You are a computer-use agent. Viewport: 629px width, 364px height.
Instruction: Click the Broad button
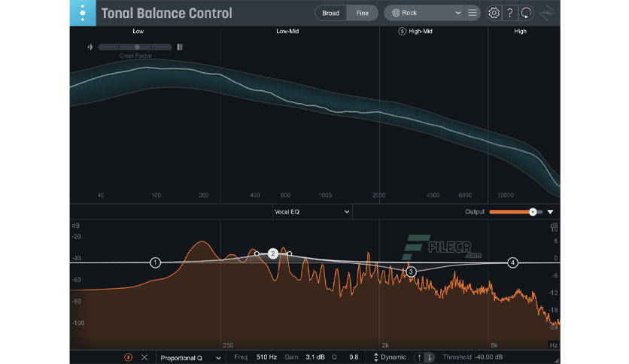coord(330,13)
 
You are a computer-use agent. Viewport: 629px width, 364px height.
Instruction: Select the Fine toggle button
coord(362,13)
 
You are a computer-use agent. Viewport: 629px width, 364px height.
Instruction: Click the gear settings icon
coord(494,13)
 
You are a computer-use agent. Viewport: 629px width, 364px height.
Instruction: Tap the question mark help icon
coord(510,13)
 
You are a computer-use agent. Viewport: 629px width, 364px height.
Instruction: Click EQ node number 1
coord(155,262)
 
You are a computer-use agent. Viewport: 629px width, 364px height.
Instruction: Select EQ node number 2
coord(273,254)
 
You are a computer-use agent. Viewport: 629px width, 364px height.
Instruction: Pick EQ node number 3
coord(411,271)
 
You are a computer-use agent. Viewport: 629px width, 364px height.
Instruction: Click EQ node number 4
coord(512,262)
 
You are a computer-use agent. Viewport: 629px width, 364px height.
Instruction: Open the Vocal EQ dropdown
coord(311,212)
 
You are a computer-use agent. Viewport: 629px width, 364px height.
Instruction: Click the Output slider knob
coord(533,212)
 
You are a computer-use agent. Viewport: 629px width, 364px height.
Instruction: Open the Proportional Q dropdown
coord(189,357)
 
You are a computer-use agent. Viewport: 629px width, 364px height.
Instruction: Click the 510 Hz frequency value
coord(266,357)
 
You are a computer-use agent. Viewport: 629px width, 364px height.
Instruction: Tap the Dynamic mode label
coord(393,357)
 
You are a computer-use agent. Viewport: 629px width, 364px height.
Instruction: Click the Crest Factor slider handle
coord(137,47)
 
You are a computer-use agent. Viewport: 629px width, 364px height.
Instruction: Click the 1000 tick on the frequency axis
coord(325,195)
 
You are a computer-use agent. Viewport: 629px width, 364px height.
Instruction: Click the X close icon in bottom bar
coord(144,357)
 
